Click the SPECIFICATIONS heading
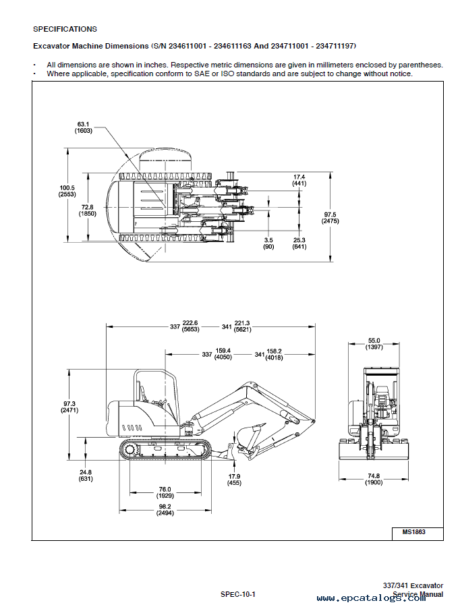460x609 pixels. pyautogui.click(x=65, y=29)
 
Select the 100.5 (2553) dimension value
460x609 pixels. pyautogui.click(x=67, y=191)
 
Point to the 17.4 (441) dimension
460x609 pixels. pyautogui.click(x=299, y=180)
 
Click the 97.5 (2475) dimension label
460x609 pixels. pyautogui.click(x=330, y=218)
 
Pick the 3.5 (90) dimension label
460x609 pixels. pyautogui.click(x=268, y=243)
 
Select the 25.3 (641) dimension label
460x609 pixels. pyautogui.click(x=299, y=243)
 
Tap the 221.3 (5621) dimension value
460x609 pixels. pyautogui.click(x=242, y=326)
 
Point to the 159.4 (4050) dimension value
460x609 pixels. pyautogui.click(x=223, y=354)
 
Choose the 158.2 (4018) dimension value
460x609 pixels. pyautogui.click(x=275, y=354)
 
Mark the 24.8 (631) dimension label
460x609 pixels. pyautogui.click(x=85, y=475)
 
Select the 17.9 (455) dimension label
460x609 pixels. pyautogui.click(x=234, y=480)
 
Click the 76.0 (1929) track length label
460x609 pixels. pyautogui.click(x=165, y=493)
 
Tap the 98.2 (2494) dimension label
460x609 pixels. pyautogui.click(x=165, y=510)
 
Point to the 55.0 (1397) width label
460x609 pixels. pyautogui.click(x=374, y=344)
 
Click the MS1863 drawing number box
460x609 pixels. pyautogui.click(x=418, y=533)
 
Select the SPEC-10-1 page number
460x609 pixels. pyautogui.click(x=237, y=594)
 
